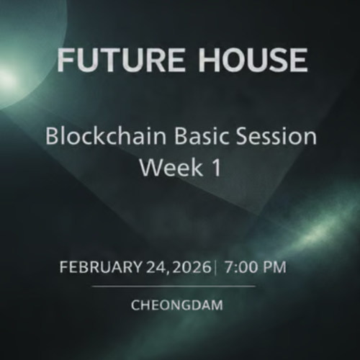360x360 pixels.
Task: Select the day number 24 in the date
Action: [156, 267]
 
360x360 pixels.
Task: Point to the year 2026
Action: [191, 267]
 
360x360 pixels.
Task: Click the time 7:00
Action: [240, 267]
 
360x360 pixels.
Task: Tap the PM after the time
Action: [274, 267]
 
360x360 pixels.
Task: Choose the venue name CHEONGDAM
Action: [177, 305]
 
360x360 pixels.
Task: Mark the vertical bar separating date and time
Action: [215, 267]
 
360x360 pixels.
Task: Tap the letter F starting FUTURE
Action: [66, 61]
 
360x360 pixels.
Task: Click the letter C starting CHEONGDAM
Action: [135, 305]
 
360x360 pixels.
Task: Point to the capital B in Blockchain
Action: [51, 136]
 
